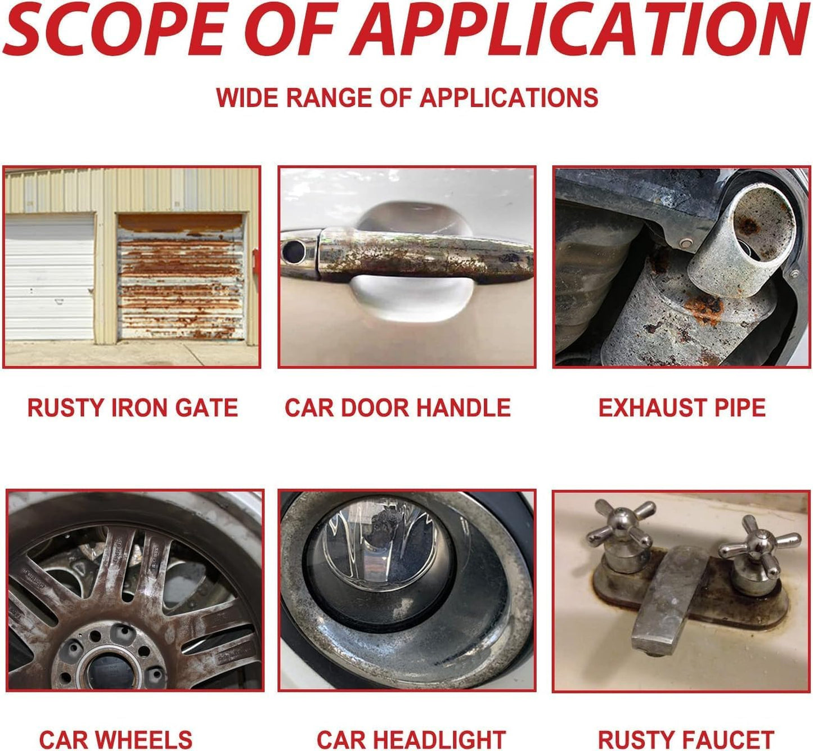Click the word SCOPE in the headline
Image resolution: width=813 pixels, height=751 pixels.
[x=114, y=28]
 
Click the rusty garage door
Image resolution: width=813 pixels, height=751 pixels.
[x=181, y=276]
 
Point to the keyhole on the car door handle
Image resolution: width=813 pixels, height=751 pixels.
[x=294, y=250]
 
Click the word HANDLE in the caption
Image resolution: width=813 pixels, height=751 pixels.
[x=462, y=408]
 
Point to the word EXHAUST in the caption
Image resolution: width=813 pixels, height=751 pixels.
[x=653, y=408]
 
